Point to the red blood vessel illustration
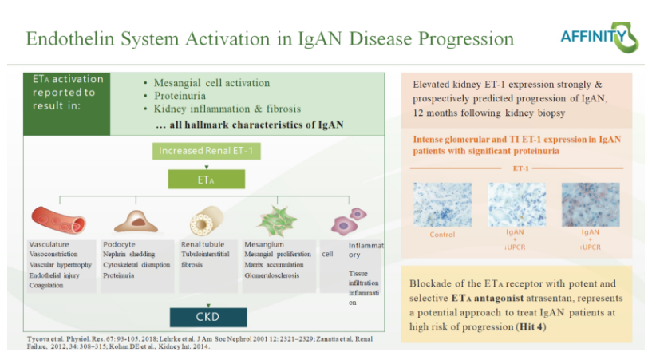pos(57,220)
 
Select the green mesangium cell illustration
pos(279,220)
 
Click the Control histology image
pos(441,205)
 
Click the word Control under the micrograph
pos(441,235)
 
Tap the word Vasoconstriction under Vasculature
pos(57,255)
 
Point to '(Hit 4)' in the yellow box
pos(543,326)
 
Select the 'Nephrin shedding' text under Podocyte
pos(128,255)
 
